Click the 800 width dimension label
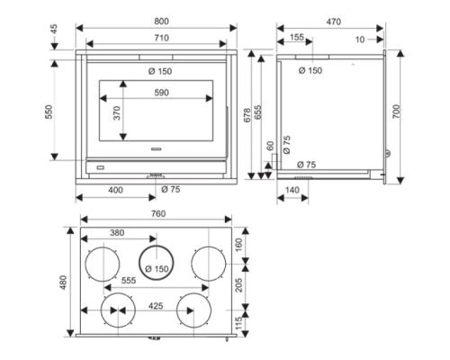(161, 22)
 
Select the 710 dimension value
(161, 38)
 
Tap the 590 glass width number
(161, 93)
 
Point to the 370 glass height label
(117, 113)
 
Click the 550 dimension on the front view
(49, 112)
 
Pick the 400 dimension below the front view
(115, 190)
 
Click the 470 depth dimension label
(334, 22)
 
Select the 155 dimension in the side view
(297, 37)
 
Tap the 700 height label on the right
(396, 112)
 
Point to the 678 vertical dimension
(247, 115)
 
